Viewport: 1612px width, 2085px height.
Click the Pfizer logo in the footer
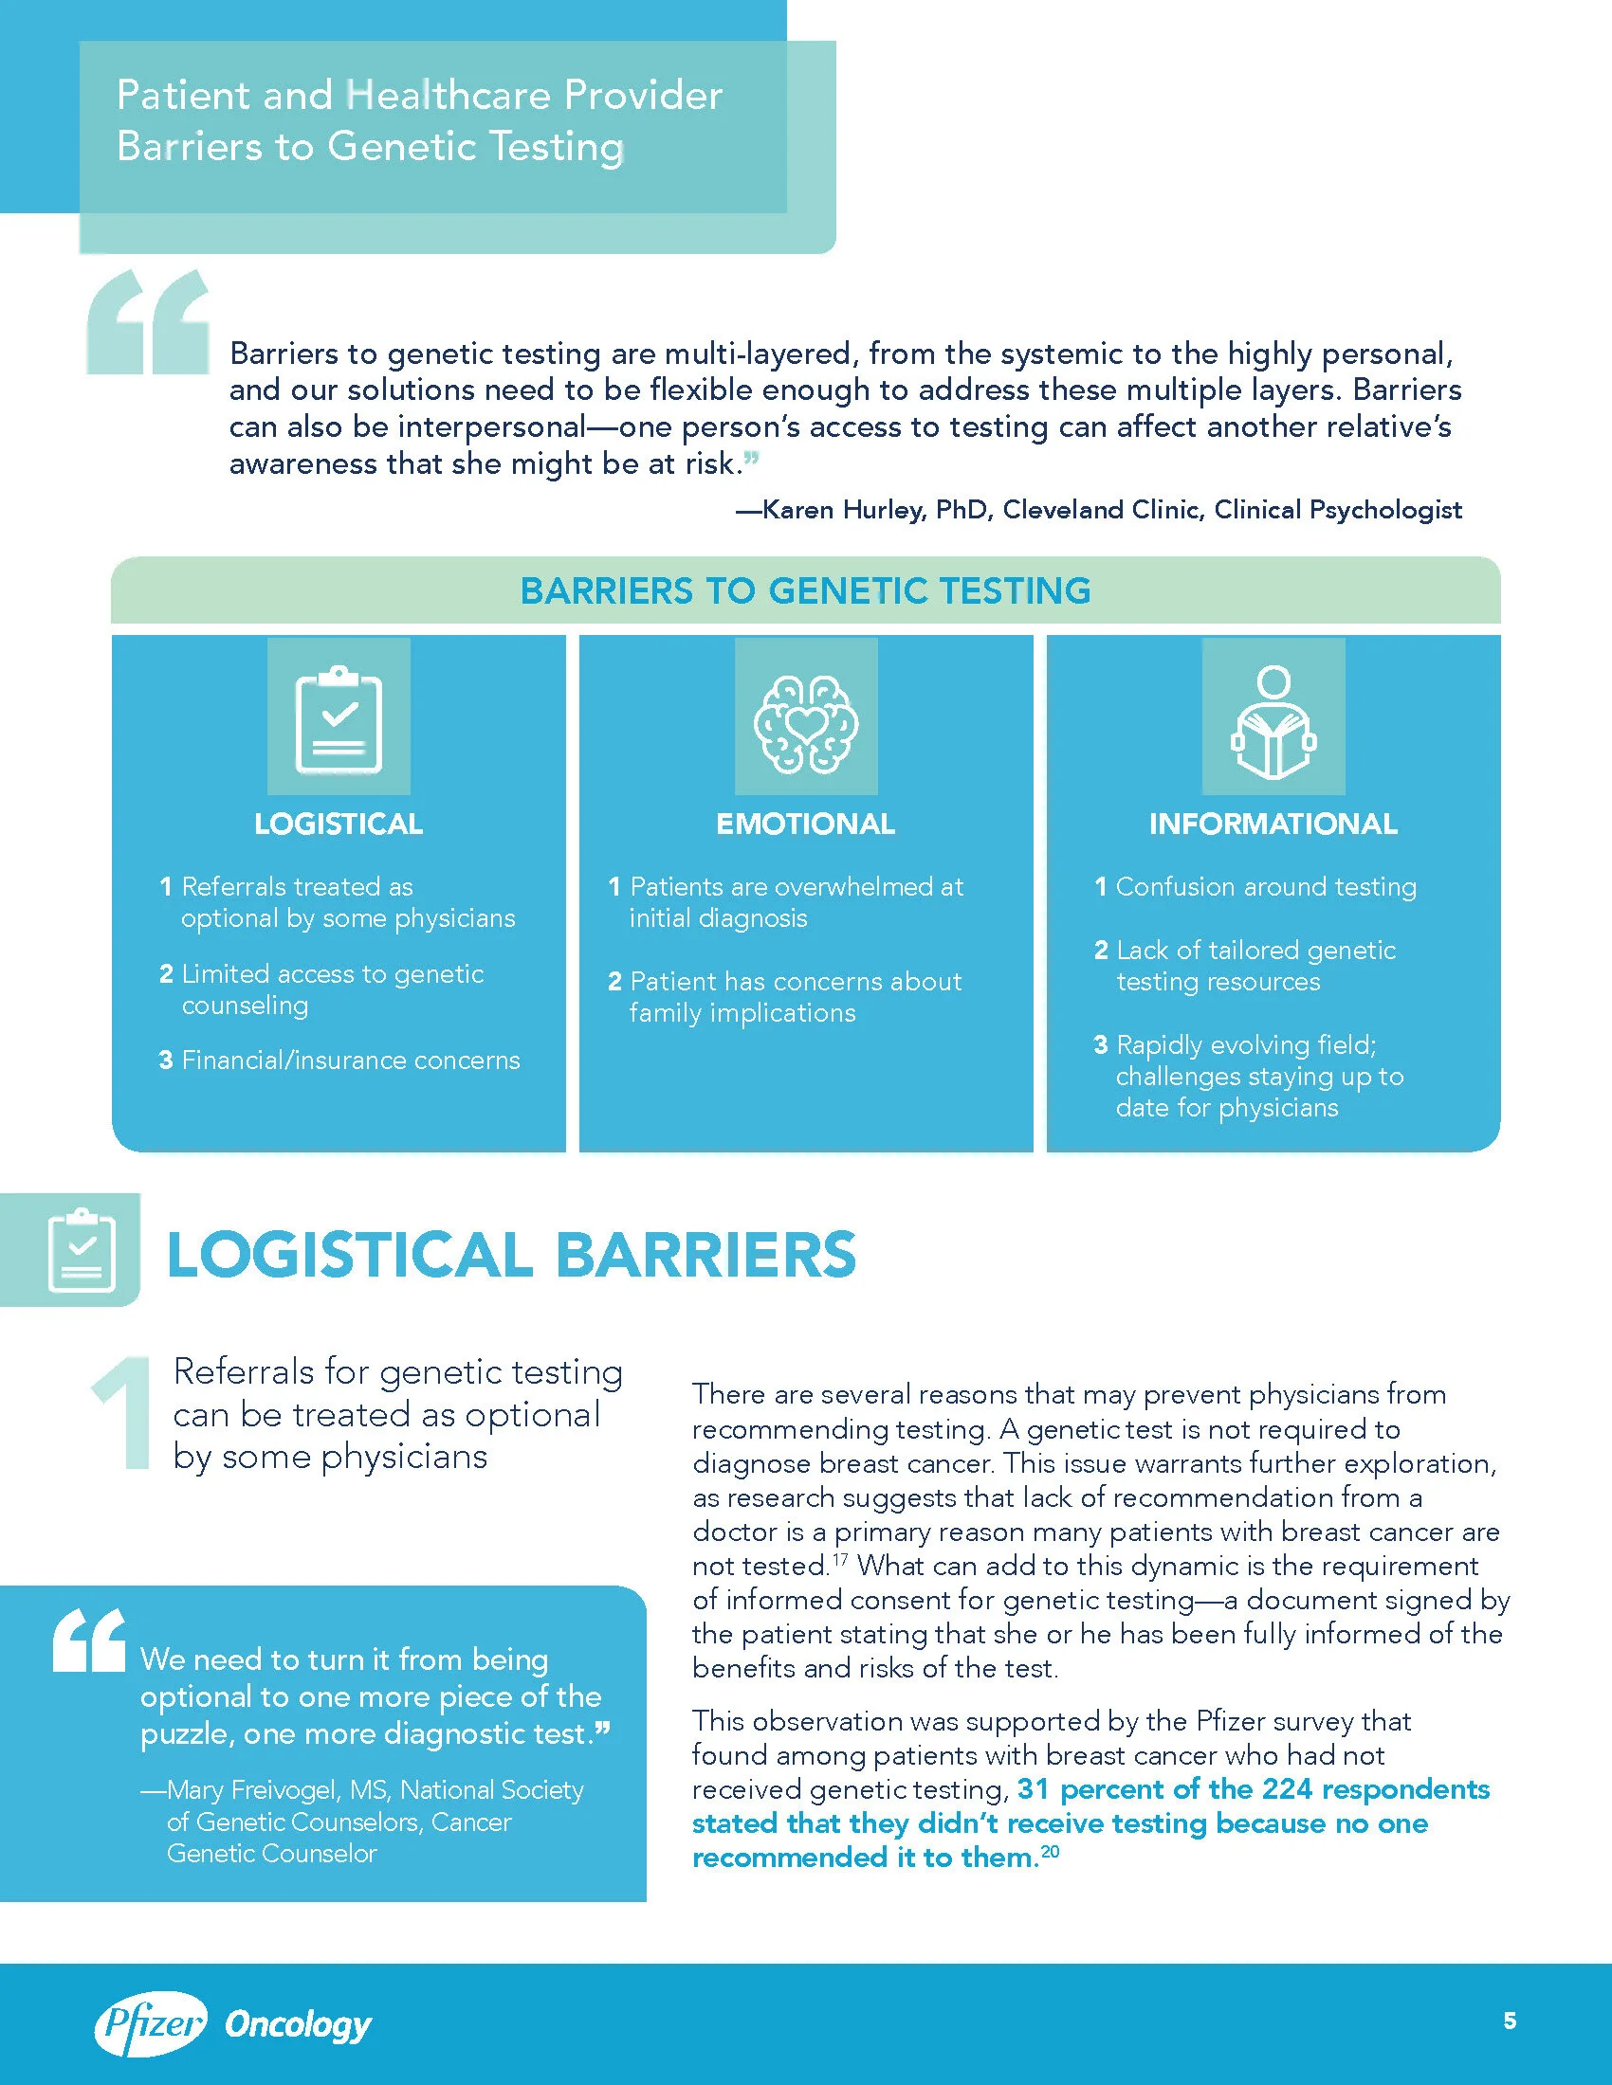150,2023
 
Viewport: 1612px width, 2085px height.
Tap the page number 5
1510,2021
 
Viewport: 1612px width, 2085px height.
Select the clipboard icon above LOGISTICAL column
339,718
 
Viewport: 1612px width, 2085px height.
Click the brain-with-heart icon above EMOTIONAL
805,723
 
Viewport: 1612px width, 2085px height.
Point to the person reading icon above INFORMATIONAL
1273,722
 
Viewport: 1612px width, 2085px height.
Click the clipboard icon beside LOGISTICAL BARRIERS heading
81,1249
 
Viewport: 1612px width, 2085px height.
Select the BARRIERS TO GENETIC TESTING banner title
805,591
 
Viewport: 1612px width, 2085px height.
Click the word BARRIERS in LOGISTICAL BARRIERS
705,1255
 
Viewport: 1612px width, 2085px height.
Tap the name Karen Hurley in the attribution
843,510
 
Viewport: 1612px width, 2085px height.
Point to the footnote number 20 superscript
1050,1851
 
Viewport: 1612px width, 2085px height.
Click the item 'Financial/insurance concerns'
351,1060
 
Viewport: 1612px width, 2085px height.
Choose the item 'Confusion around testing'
1265,887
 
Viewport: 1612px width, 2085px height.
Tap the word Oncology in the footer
298,2024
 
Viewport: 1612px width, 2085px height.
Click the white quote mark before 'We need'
89,1641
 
